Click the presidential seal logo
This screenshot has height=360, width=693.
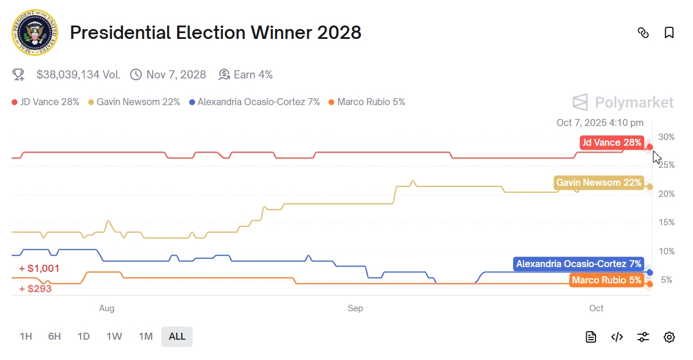pyautogui.click(x=34, y=33)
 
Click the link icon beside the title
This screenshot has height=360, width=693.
pyautogui.click(x=643, y=33)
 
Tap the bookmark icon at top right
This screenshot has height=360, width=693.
pyautogui.click(x=669, y=33)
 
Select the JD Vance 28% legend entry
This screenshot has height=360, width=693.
pyautogui.click(x=45, y=102)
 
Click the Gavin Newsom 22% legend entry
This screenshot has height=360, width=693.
pyautogui.click(x=134, y=102)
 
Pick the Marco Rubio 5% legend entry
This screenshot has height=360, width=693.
pyautogui.click(x=366, y=102)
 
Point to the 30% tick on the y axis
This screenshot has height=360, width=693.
pyautogui.click(x=667, y=137)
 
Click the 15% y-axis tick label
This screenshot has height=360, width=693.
pyautogui.click(x=667, y=222)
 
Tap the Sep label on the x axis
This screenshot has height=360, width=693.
pyautogui.click(x=355, y=308)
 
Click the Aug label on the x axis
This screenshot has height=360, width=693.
pyautogui.click(x=107, y=308)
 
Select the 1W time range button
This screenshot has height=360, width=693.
pyautogui.click(x=114, y=336)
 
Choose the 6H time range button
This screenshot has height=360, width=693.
pyautogui.click(x=55, y=336)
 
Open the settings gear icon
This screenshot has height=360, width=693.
pyautogui.click(x=669, y=337)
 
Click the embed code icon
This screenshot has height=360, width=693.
pyautogui.click(x=617, y=337)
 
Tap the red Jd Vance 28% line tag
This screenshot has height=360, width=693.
pyautogui.click(x=612, y=143)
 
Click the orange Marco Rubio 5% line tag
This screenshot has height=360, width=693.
pyautogui.click(x=607, y=280)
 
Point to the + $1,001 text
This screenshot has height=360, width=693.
pyautogui.click(x=39, y=269)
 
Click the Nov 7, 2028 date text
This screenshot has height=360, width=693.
pyautogui.click(x=176, y=74)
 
